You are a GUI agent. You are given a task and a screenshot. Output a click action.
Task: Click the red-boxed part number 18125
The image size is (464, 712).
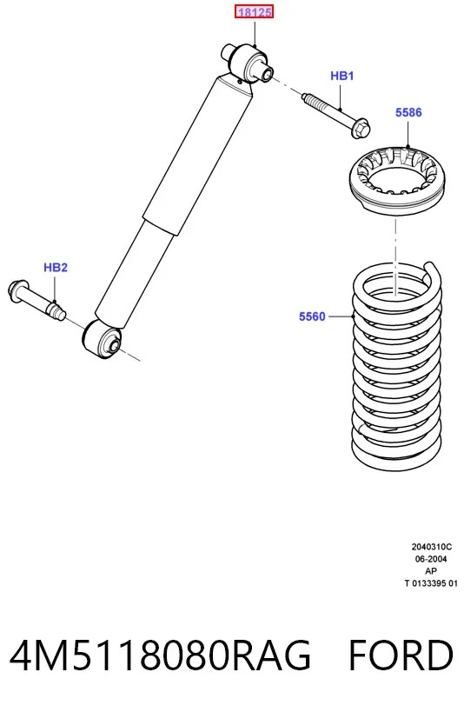(255, 12)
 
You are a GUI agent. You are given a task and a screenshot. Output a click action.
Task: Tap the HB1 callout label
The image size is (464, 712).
(341, 76)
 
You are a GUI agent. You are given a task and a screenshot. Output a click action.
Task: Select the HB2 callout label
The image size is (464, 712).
(56, 268)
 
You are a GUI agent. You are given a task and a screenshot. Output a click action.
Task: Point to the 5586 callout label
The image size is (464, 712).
(408, 112)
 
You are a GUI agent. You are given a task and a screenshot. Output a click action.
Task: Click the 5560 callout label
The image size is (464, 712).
(312, 316)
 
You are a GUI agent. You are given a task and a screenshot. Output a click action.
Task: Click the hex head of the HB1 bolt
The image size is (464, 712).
(361, 127)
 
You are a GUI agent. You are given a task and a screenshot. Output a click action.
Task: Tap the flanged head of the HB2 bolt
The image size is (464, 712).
(16, 291)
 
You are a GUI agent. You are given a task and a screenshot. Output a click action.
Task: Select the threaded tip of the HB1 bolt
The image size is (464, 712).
(311, 99)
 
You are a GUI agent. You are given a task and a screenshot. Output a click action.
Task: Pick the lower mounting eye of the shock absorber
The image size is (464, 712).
(102, 340)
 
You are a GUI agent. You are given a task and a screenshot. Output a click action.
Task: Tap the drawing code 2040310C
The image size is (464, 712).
(431, 547)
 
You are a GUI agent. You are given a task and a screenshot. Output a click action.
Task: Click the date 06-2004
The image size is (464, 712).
(431, 559)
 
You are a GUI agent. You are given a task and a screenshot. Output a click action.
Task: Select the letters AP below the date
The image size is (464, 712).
(431, 571)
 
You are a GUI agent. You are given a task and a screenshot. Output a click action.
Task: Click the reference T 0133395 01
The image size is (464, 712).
(431, 583)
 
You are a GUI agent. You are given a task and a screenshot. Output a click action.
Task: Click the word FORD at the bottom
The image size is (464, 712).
(401, 655)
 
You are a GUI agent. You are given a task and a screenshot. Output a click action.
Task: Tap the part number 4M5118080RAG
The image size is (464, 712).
(160, 655)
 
